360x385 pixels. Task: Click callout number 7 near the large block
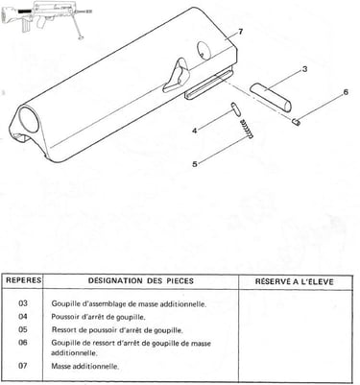click(241, 32)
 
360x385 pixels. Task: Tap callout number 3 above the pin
click(304, 69)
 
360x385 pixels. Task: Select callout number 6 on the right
click(346, 92)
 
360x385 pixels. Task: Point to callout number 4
click(195, 131)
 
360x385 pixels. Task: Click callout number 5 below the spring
click(195, 164)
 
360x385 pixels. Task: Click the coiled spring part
click(247, 129)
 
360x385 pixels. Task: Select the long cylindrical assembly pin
click(271, 97)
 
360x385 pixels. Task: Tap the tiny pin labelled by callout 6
click(297, 122)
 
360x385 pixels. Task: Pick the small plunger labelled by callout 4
click(234, 108)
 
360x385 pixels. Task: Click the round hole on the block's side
click(204, 51)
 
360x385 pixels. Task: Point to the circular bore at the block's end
click(29, 119)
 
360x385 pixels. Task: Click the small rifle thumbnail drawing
click(47, 18)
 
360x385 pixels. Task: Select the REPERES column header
click(24, 280)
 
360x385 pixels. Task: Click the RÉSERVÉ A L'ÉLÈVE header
click(295, 281)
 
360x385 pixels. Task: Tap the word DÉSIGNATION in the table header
click(115, 280)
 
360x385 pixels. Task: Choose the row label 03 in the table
click(23, 303)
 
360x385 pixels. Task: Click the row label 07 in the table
click(23, 366)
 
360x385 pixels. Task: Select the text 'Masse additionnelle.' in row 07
click(85, 366)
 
